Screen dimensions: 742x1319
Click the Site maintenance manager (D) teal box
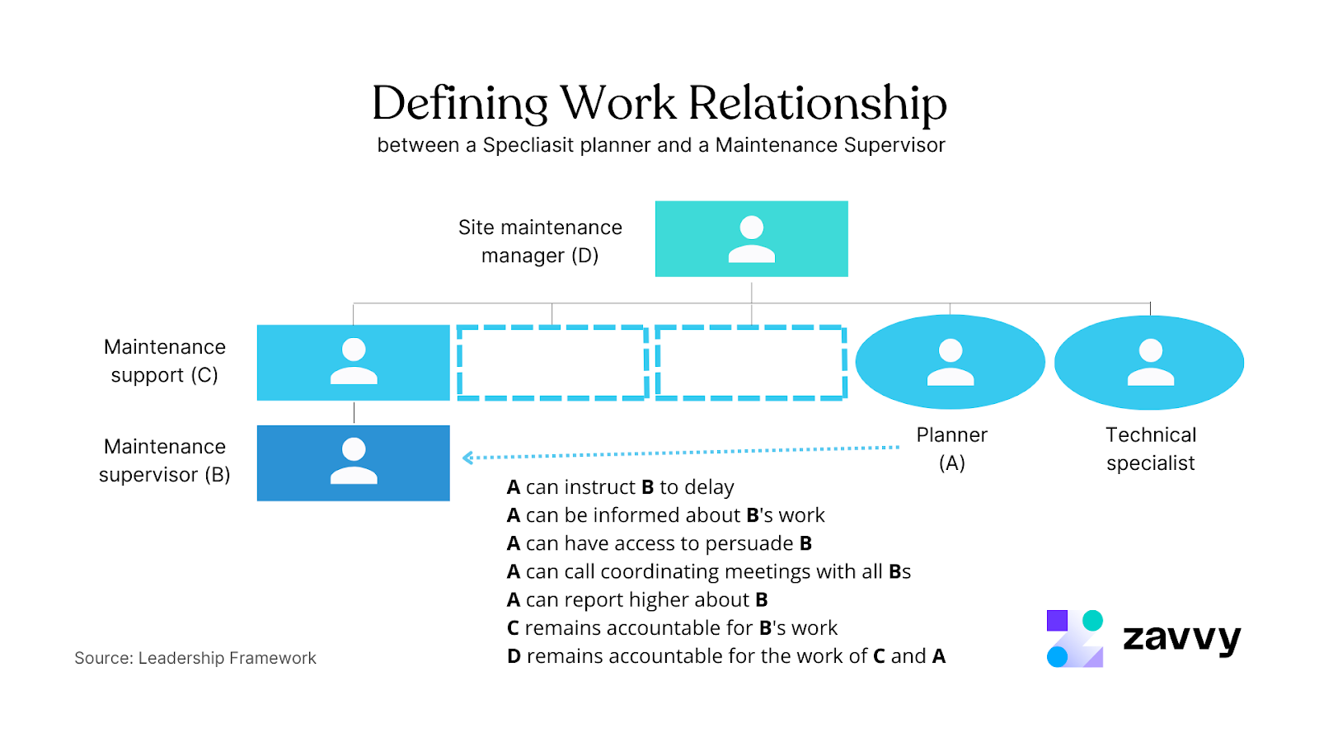(x=751, y=238)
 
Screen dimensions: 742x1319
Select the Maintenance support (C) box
(x=353, y=363)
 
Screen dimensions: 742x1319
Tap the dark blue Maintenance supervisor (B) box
(x=353, y=463)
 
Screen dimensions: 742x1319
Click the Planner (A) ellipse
(x=950, y=362)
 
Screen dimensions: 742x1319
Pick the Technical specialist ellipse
(x=1149, y=362)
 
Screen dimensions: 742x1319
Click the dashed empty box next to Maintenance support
(x=552, y=363)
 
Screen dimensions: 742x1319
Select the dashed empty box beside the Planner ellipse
(x=751, y=363)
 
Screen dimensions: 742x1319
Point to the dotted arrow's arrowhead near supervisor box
(x=467, y=458)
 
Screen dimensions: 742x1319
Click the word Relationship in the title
(x=817, y=104)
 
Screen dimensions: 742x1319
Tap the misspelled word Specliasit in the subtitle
(x=528, y=145)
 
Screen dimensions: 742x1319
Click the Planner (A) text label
(x=951, y=448)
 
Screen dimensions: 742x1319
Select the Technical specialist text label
(x=1150, y=448)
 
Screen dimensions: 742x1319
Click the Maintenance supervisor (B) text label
(x=165, y=460)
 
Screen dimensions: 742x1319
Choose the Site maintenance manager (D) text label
(x=540, y=241)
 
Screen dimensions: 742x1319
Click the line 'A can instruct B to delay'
(x=620, y=487)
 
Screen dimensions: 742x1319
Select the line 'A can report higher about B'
(x=637, y=599)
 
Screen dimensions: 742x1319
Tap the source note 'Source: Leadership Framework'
(x=195, y=658)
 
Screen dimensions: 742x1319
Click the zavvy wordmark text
(x=1181, y=638)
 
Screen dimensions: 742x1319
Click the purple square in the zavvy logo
(x=1057, y=621)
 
